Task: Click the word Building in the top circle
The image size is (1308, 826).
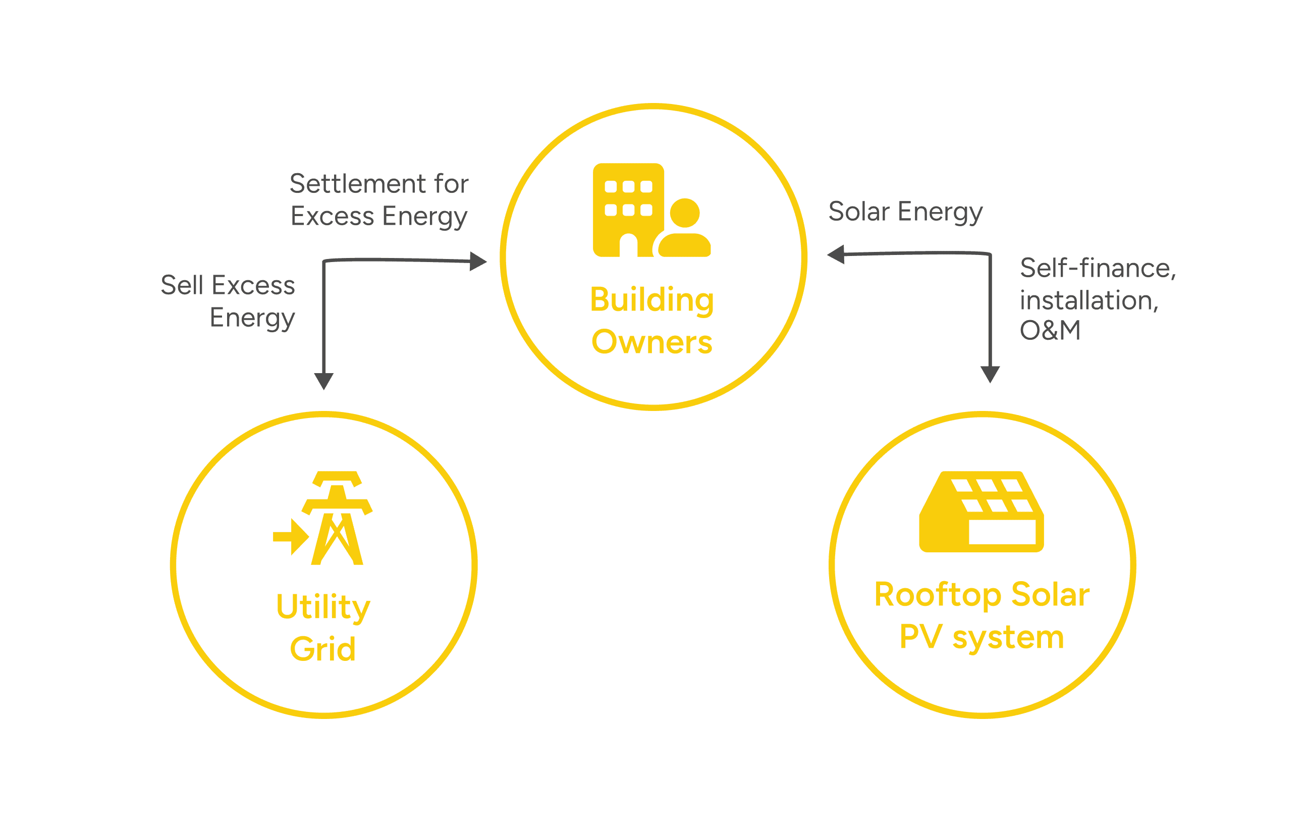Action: coord(652,300)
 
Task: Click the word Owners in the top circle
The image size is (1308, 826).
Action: coord(652,342)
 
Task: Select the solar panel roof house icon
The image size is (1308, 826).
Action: coord(982,511)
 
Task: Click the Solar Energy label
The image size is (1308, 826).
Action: coord(905,212)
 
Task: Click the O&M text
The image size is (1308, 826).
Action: coord(1050,330)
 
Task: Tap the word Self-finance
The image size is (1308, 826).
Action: coord(1097,268)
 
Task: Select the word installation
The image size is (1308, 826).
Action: coord(1088,300)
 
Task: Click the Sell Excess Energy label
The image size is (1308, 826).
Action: coord(228,301)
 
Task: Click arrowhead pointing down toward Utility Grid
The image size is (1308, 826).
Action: coord(324,380)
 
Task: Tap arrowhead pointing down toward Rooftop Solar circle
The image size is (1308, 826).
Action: coord(990,374)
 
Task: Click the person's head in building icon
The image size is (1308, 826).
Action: coord(684,213)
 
